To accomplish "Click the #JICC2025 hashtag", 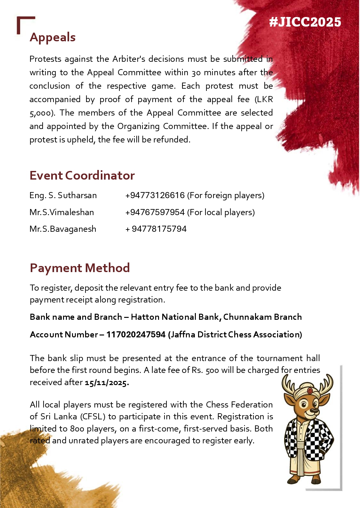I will [305, 22].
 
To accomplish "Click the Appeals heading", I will [53, 37].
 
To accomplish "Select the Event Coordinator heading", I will [82, 175].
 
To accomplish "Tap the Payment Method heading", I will [80, 268].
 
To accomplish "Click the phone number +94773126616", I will [155, 195].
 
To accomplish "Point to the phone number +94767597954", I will [155, 212].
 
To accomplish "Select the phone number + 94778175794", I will [156, 229].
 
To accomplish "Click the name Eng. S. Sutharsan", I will [63, 195].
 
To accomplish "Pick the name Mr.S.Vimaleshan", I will [62, 212].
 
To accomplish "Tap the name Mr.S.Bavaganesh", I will [63, 229].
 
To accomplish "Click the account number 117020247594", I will [136, 335].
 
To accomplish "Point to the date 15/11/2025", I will [107, 383].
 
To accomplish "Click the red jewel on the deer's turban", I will [310, 391].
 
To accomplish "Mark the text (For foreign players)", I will [226, 195].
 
